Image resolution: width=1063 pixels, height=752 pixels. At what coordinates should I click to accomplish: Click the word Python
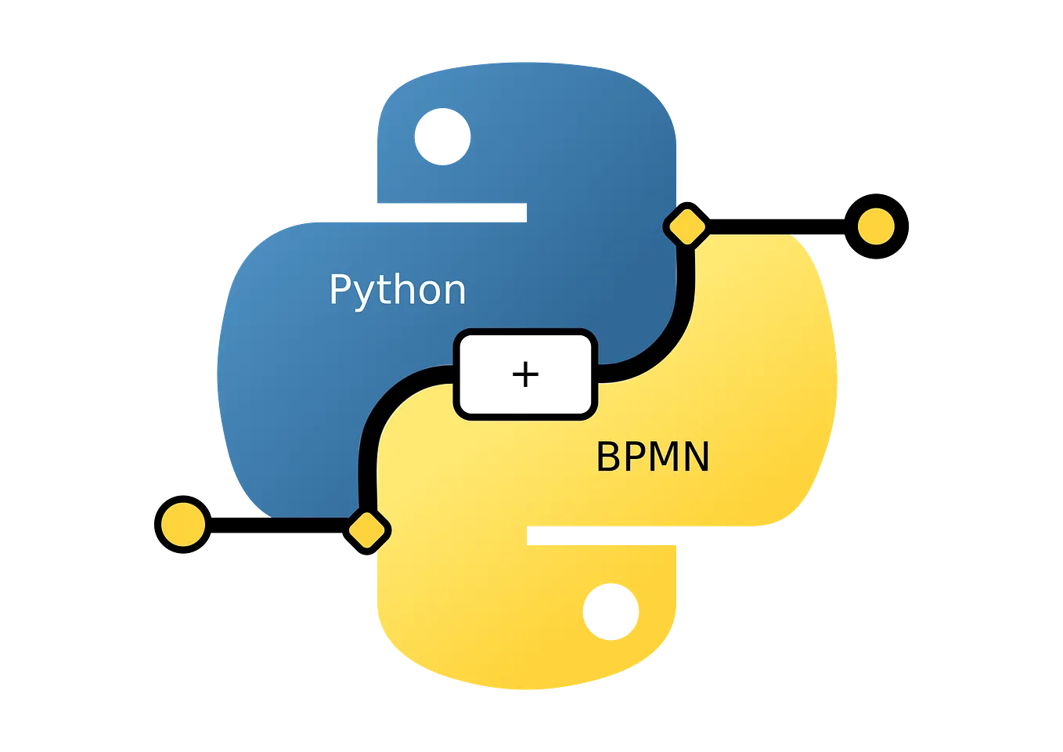click(x=397, y=291)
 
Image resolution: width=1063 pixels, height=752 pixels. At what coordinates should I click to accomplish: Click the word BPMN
click(x=652, y=457)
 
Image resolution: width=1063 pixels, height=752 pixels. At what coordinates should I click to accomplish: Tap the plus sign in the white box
click(x=525, y=374)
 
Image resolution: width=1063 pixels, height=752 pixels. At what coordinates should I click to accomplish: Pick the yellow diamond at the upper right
click(x=686, y=227)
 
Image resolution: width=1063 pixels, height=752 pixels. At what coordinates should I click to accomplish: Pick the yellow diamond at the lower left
click(x=369, y=530)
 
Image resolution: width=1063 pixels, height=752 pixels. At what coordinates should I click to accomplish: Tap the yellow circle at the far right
click(x=876, y=226)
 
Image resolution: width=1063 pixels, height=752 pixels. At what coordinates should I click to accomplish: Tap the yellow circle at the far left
click(x=182, y=524)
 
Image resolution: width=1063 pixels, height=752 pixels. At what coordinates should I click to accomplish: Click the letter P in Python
click(x=339, y=289)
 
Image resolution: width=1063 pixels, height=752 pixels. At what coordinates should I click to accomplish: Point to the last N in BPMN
click(x=697, y=457)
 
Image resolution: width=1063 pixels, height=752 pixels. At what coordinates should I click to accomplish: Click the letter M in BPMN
click(x=663, y=457)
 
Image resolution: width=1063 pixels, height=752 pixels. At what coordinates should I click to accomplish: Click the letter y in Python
click(x=362, y=294)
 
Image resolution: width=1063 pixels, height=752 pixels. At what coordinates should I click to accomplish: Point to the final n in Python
click(x=454, y=291)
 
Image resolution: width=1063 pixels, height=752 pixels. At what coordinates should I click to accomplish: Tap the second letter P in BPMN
click(x=632, y=457)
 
